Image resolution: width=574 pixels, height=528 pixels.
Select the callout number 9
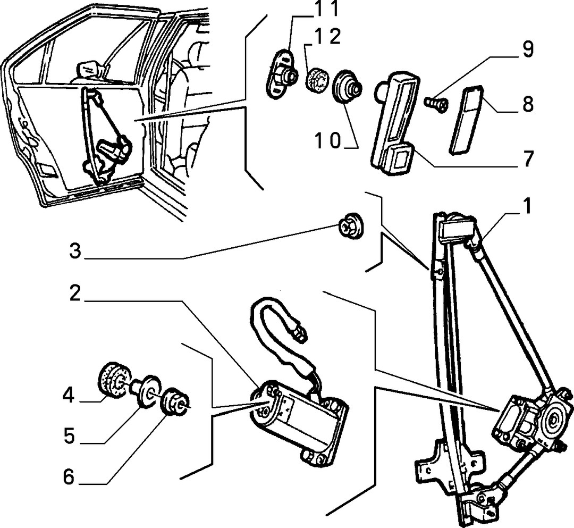pos(528,49)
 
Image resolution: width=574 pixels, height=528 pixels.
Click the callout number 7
pos(528,158)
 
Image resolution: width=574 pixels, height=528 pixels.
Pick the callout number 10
pos(328,140)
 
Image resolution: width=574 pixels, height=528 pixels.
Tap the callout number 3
pos(75,252)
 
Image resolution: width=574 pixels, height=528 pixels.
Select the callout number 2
pos(75,294)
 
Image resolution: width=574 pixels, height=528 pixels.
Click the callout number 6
pos(69,477)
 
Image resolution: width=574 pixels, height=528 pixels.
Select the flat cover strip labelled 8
pos(466,119)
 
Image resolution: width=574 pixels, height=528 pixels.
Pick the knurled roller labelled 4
pos(115,380)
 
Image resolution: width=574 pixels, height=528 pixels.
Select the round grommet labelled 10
pos(347,87)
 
